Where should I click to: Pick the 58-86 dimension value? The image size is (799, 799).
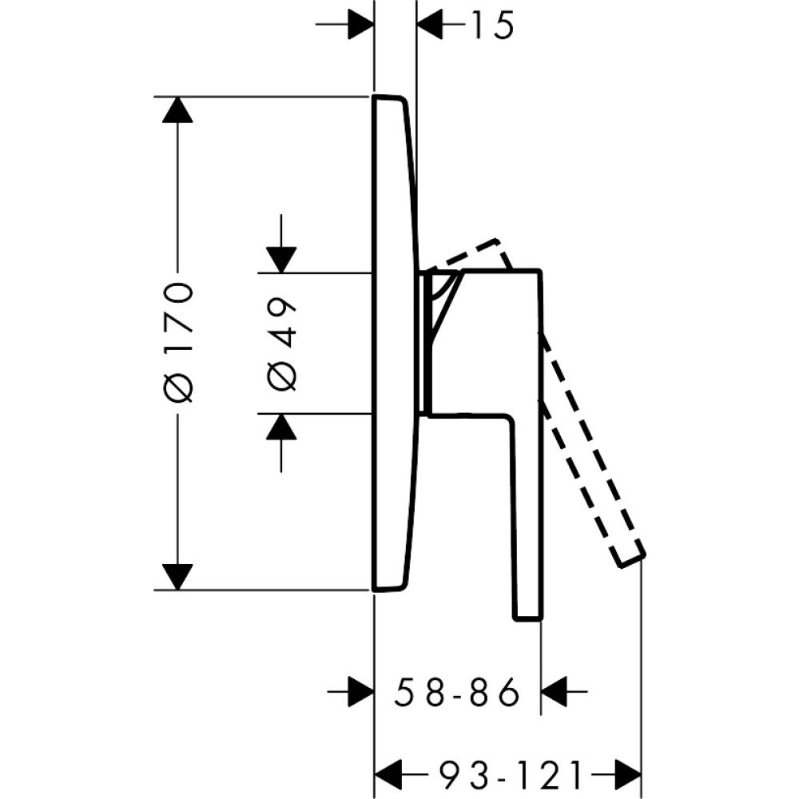(457, 692)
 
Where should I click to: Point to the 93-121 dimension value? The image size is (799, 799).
(508, 774)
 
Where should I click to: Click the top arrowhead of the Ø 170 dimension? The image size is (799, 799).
(177, 109)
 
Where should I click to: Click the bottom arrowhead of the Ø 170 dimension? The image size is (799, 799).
(177, 576)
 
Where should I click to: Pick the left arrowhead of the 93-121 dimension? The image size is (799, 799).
(389, 773)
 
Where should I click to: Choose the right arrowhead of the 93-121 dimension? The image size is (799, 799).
(628, 773)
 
